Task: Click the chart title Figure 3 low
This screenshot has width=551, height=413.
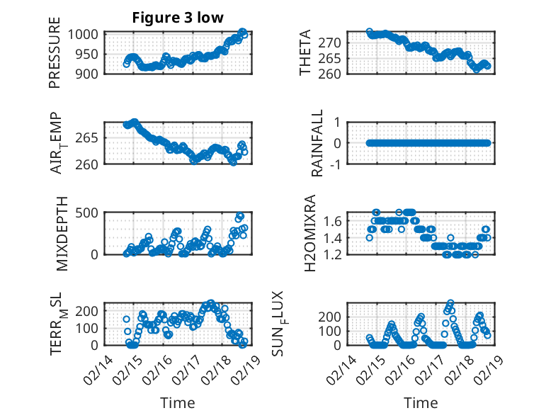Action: click(178, 18)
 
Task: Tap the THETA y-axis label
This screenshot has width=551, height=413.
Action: click(305, 53)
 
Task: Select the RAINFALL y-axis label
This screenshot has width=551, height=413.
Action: click(318, 143)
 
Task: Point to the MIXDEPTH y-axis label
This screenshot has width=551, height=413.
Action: click(61, 232)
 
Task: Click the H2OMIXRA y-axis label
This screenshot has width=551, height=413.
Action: click(310, 232)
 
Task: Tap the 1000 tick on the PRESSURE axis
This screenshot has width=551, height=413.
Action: click(86, 33)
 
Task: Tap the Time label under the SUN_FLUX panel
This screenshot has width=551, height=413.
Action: click(421, 403)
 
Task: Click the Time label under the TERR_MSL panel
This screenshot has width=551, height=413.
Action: click(177, 403)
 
